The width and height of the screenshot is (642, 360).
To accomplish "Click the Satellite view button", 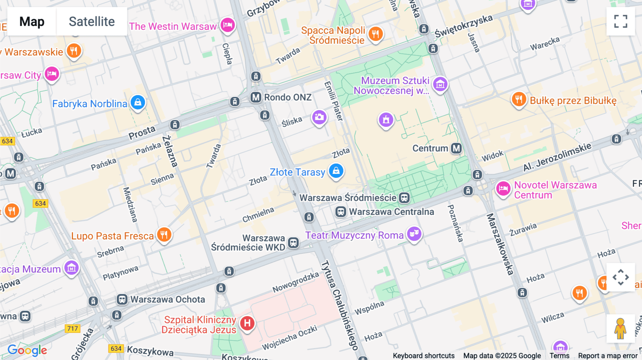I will pos(92,21).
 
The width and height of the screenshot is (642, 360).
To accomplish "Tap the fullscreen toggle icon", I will pos(621,21).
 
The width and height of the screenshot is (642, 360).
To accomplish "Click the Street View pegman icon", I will pos(620,328).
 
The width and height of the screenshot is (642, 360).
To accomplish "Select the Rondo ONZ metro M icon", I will pos(256,97).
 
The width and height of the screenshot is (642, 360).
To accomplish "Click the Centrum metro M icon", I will pos(456,148).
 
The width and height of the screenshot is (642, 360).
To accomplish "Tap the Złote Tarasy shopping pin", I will pos(336,171).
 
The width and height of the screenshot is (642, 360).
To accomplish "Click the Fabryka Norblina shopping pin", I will pos(138,103).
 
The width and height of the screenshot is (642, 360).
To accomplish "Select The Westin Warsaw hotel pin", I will pos(228,25).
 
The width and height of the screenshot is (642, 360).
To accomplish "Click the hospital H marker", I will pos(247,323).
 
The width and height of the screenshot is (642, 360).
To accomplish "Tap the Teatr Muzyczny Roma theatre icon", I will pos(414,234).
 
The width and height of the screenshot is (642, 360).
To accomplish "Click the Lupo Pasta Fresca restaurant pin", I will pos(164,235).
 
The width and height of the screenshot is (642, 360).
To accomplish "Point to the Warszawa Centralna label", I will pos(391,212).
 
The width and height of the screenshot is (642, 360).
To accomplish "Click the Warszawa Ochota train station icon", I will pos(122,299).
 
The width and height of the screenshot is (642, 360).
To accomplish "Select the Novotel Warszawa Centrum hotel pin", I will pos(503,189).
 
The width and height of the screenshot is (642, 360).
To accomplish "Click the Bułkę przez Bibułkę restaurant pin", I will pos(519,99).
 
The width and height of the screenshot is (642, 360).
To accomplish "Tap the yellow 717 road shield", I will pos(72,329).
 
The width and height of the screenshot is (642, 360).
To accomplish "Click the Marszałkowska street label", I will pos(500,244).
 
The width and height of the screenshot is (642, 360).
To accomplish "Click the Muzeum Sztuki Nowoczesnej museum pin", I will pos(440,84).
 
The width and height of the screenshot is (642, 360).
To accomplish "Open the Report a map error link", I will pos(607,356).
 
